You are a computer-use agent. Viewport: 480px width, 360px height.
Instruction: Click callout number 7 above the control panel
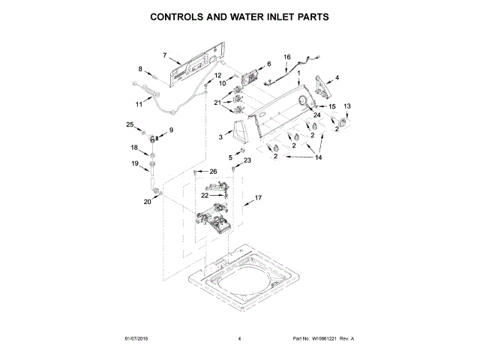tap(166, 55)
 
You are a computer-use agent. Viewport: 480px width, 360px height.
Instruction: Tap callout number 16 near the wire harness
tap(286, 58)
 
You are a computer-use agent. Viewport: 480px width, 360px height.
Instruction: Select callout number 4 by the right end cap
tap(337, 78)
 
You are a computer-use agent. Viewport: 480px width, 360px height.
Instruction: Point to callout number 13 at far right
tap(346, 106)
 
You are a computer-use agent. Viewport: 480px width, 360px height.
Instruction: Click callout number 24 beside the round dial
tap(317, 115)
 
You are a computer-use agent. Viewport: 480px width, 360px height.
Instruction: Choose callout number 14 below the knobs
tap(318, 157)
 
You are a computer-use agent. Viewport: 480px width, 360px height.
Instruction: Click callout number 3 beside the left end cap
tap(220, 137)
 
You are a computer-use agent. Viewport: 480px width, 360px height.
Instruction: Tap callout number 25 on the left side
tap(129, 124)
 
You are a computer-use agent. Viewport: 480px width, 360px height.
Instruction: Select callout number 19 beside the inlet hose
tap(135, 163)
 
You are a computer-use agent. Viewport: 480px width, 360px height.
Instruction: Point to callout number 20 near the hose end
tap(148, 202)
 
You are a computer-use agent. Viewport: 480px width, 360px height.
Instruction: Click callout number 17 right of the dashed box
tap(259, 198)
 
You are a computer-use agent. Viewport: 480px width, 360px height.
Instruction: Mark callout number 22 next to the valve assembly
tap(184, 196)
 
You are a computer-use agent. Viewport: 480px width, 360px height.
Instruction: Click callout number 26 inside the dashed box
tap(213, 172)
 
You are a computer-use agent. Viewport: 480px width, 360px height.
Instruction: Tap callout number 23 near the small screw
tap(247, 160)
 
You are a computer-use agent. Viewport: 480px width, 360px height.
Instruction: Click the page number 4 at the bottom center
tap(239, 339)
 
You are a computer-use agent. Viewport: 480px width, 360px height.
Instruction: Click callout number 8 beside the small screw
tap(139, 69)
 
